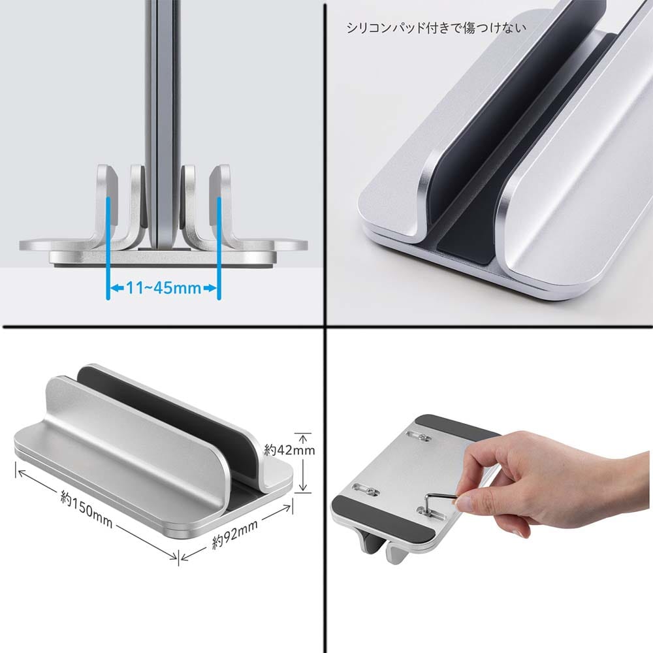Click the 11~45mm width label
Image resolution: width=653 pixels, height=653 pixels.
coord(163,288)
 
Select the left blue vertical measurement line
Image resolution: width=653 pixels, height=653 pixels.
coord(108,247)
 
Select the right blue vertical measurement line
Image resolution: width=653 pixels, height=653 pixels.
coord(219,247)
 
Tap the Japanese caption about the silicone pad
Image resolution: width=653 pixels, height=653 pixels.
coord(436,28)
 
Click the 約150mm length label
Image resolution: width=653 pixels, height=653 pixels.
coord(87,509)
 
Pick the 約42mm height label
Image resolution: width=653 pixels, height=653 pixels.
coord(289,450)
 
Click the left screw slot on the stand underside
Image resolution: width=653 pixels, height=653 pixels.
coord(366,489)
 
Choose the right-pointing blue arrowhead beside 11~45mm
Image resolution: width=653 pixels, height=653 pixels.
coord(211,288)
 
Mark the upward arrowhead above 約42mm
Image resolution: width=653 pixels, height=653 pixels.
coord(304,438)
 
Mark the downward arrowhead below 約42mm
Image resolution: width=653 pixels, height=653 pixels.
coord(304,487)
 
